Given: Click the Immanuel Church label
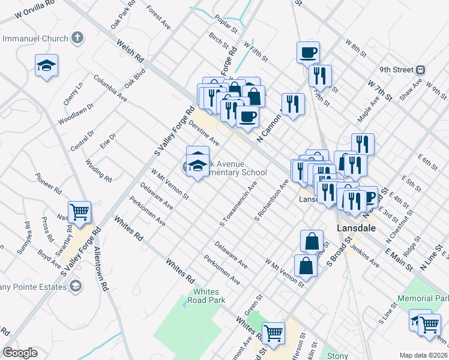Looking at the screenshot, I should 35,39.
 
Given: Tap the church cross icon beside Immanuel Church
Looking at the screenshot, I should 77,39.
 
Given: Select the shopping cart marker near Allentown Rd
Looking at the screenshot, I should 79,212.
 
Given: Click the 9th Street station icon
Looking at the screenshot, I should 420,70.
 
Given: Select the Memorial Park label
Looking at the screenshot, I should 423,298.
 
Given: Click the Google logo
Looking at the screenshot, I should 20,353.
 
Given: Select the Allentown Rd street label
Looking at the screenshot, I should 99,271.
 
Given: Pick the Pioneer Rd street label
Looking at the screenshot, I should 49,182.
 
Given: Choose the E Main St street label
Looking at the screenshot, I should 397,244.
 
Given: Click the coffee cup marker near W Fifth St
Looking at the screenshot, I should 308,52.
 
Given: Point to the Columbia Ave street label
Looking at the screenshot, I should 110,88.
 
